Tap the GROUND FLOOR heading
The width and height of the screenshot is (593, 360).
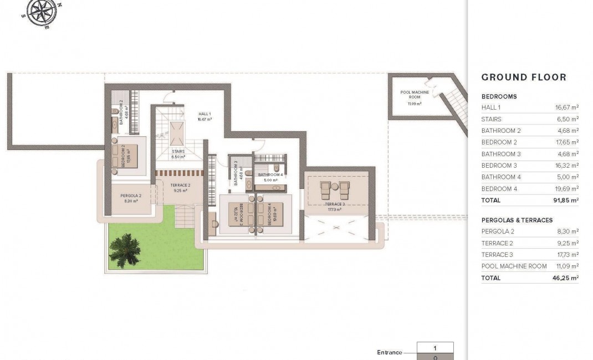[x=524, y=78]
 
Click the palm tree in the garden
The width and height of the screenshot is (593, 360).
[x=124, y=250]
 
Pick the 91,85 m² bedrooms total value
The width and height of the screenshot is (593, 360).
[x=567, y=200]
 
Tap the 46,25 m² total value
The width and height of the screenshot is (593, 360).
[x=567, y=278]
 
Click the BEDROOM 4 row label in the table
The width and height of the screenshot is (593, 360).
[x=499, y=189]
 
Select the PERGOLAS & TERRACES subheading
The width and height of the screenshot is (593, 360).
[x=517, y=220]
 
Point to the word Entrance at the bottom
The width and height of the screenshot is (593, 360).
[x=389, y=352]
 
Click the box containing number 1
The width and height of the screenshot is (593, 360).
[x=435, y=348]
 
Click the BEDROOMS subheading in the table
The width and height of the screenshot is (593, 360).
[x=499, y=96]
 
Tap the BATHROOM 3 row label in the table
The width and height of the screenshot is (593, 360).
[x=501, y=154]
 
